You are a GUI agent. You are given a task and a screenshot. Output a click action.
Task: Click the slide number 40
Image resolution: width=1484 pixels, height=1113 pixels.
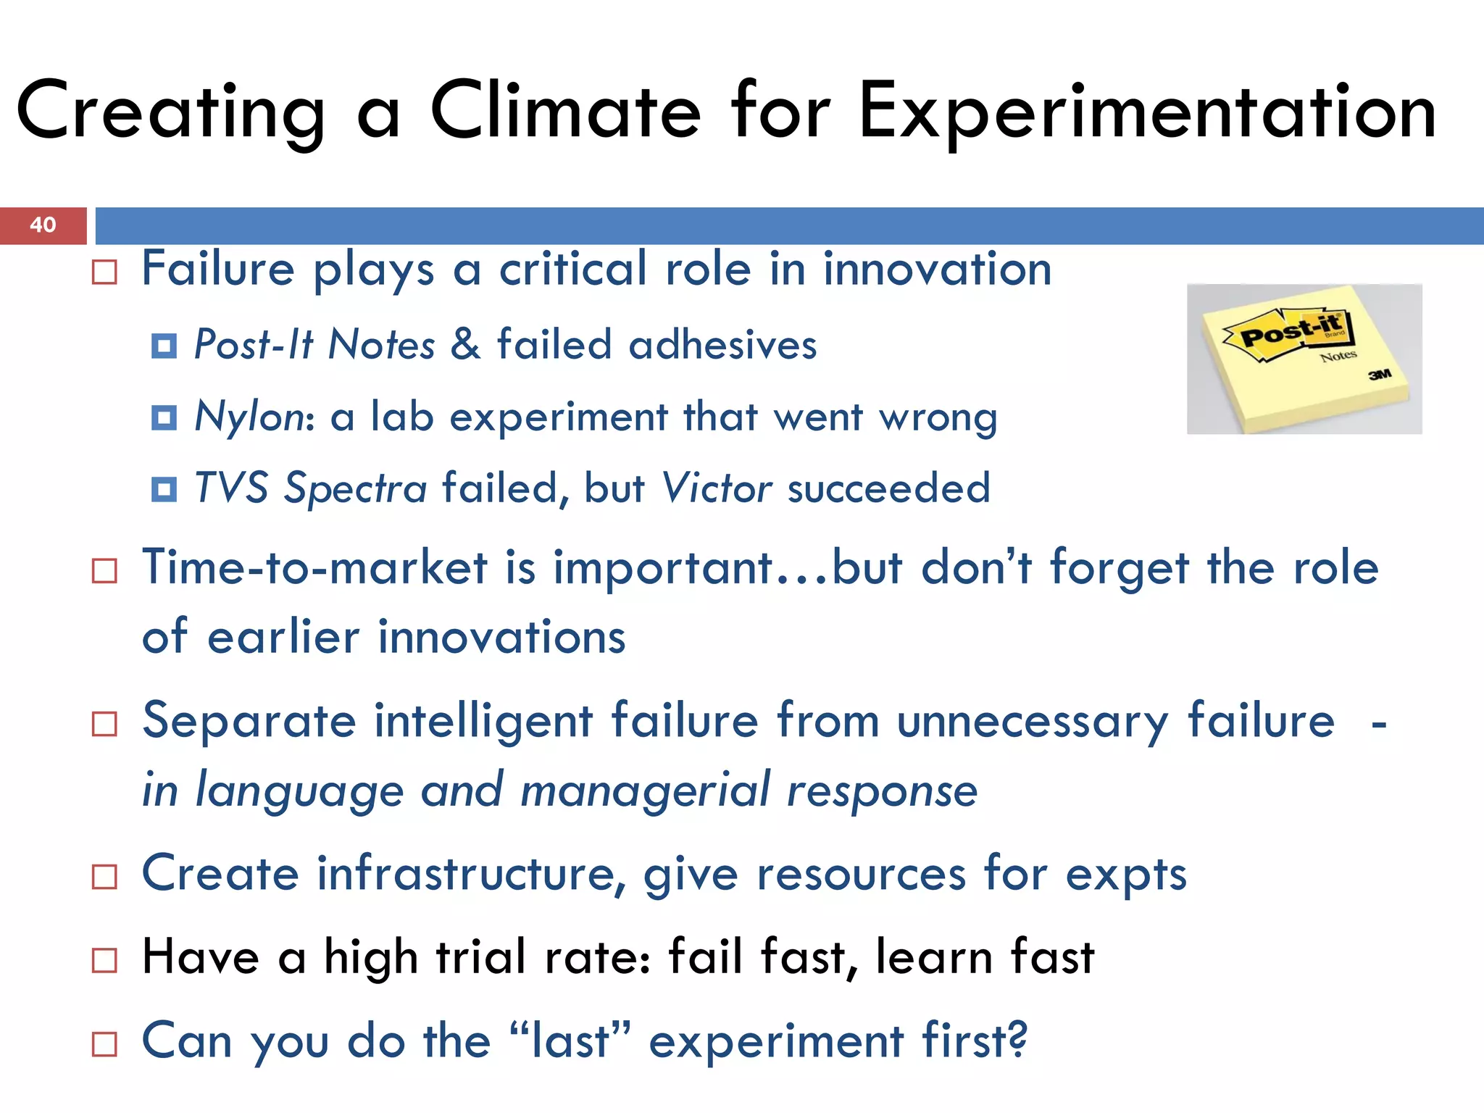click(43, 225)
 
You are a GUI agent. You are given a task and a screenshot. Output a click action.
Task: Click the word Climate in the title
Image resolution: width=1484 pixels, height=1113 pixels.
click(565, 111)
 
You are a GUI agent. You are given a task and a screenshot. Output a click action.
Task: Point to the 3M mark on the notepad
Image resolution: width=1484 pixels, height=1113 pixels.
click(1380, 374)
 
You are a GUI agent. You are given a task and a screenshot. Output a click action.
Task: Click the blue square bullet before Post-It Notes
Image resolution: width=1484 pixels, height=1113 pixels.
click(164, 346)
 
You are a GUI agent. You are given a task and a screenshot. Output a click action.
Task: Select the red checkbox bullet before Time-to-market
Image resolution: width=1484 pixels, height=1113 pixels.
click(105, 571)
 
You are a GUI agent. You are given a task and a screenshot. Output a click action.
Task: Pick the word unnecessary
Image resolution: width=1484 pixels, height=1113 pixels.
click(1032, 722)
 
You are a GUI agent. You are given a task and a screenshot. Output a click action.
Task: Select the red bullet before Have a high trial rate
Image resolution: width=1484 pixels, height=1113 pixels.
click(105, 960)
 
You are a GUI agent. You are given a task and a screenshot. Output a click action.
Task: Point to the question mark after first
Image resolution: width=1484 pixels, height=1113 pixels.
click(1017, 1040)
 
